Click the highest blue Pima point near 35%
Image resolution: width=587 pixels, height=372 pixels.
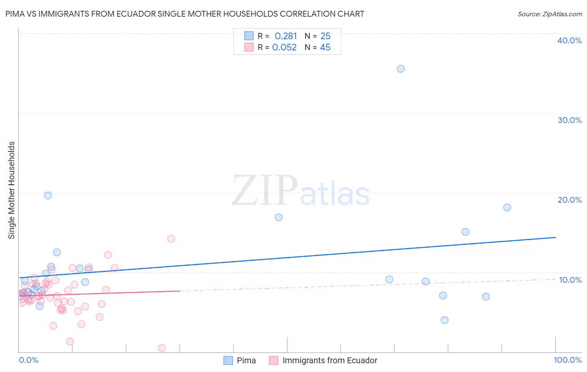(400, 69)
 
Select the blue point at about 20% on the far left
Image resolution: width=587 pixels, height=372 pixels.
(48, 196)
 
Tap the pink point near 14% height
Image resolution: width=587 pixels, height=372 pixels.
(171, 239)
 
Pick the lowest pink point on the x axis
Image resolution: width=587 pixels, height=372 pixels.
(162, 348)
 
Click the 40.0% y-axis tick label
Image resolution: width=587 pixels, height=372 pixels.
(569, 40)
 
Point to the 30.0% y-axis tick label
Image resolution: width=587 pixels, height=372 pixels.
(569, 120)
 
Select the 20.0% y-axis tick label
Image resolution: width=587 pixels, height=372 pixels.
(569, 200)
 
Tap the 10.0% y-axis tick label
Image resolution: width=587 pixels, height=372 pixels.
(570, 280)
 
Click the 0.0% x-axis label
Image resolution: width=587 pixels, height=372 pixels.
(28, 360)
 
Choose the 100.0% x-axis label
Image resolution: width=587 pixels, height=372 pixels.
(567, 360)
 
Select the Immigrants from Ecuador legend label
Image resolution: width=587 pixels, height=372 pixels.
(329, 360)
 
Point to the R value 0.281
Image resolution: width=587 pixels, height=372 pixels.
(286, 36)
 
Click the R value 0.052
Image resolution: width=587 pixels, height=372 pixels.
(284, 48)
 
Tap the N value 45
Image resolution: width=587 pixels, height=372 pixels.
(325, 48)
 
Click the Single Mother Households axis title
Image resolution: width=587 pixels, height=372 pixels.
(12, 190)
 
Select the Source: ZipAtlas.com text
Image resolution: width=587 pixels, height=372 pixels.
(549, 14)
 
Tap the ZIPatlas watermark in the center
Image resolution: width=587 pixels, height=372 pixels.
(301, 191)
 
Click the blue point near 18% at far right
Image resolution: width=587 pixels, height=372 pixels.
(507, 207)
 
